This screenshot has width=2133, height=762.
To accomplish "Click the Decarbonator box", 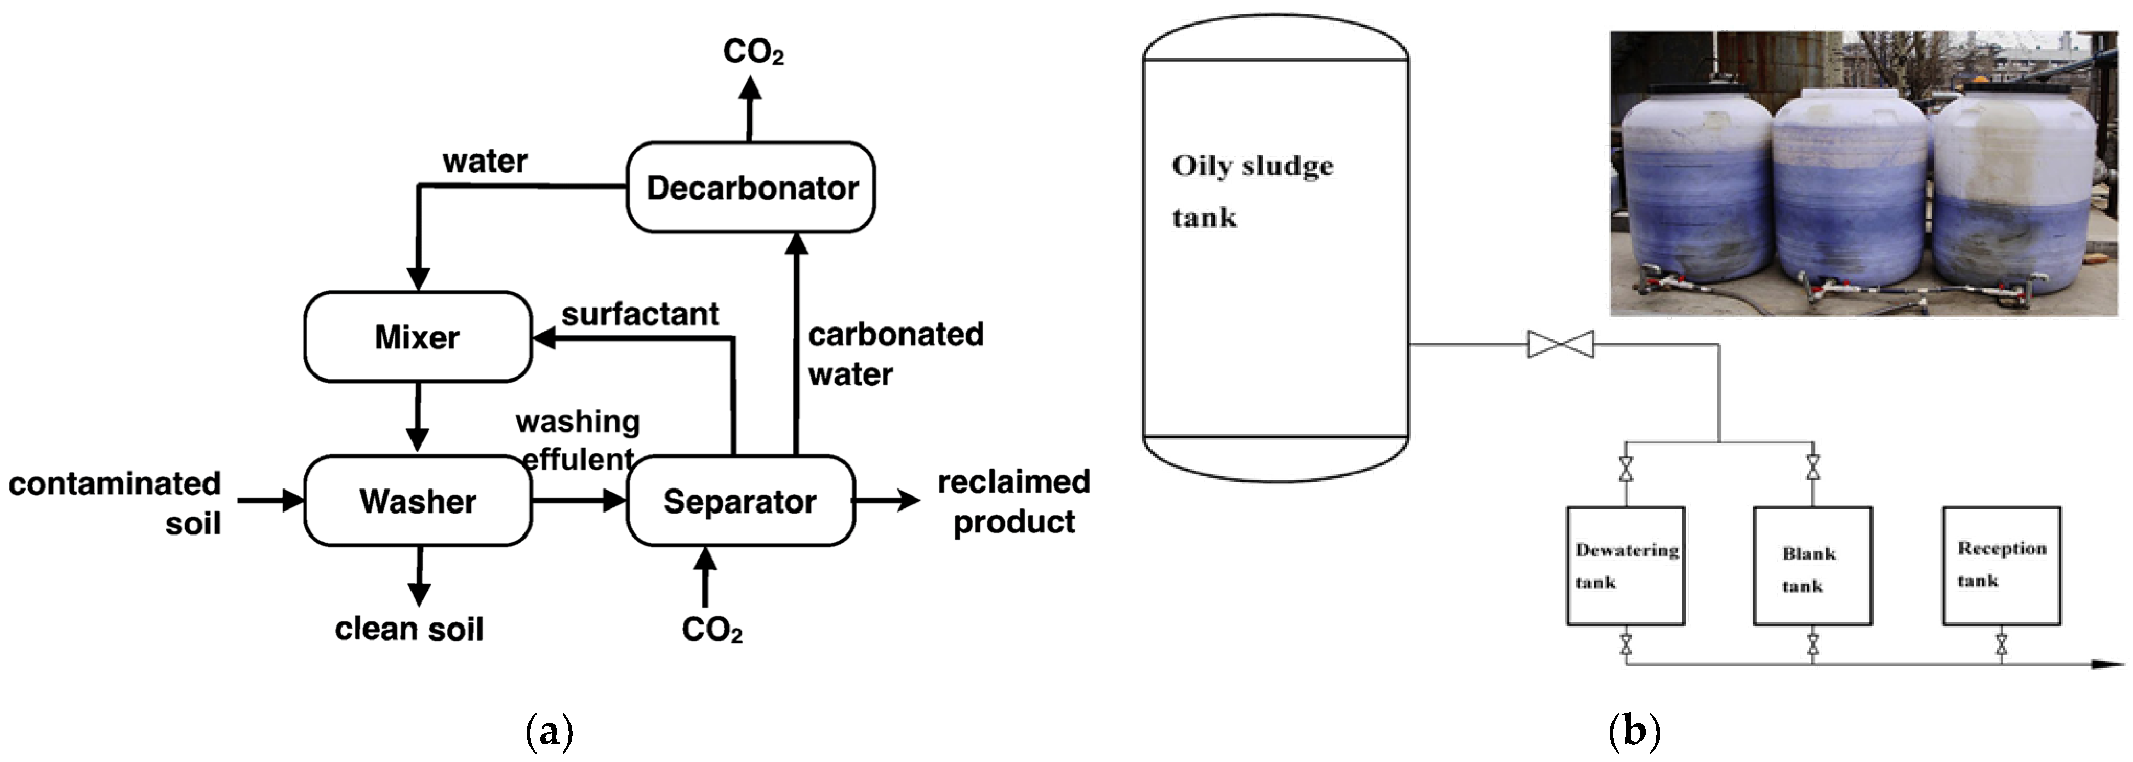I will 750,187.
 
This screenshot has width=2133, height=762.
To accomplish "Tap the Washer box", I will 417,501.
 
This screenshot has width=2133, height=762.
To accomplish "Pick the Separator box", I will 740,501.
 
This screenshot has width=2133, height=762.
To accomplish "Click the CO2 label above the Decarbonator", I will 752,51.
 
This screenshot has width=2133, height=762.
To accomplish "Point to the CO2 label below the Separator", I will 711,630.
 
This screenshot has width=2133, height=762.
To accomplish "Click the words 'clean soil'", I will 409,629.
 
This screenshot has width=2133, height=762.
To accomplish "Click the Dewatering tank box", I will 1625,566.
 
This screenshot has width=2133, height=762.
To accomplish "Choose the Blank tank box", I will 1812,566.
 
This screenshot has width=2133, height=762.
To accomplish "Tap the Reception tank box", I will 2001,566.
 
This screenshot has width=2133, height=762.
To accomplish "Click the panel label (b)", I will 1634,731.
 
